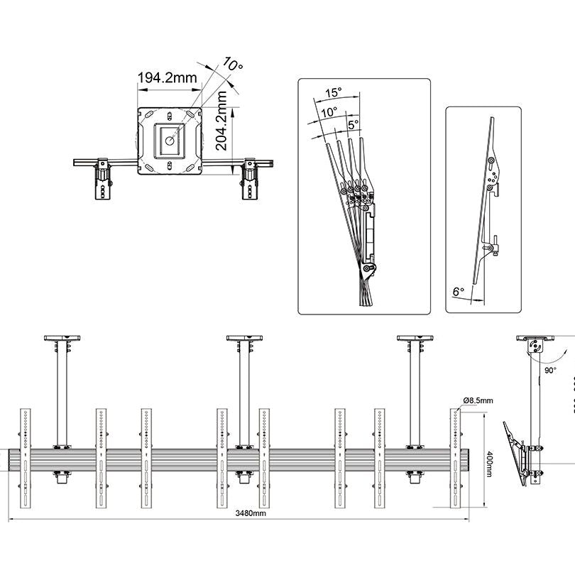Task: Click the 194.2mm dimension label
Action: point(167,78)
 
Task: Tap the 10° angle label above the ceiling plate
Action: point(233,64)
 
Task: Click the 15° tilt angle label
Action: point(334,93)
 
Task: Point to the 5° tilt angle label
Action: point(353,123)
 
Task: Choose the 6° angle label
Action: point(458,290)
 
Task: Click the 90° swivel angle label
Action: point(550,370)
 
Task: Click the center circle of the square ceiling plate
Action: point(170,140)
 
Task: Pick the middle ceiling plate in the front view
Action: point(244,338)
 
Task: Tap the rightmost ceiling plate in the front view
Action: point(415,338)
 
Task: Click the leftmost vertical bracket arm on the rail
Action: point(26,458)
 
